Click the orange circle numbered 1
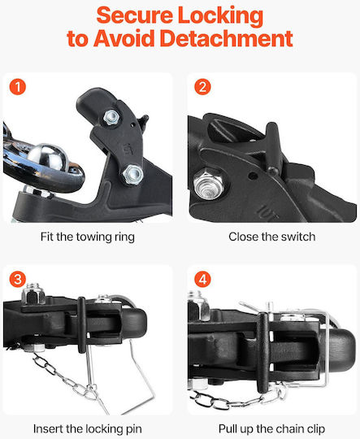pyautogui.click(x=18, y=87)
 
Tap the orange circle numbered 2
pyautogui.click(x=202, y=87)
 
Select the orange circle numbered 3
pyautogui.click(x=18, y=279)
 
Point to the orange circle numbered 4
pyautogui.click(x=202, y=279)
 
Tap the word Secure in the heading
pyautogui.click(x=134, y=15)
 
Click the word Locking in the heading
pyautogui.click(x=220, y=16)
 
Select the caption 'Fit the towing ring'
pyautogui.click(x=87, y=237)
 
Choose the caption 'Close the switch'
pyautogui.click(x=271, y=237)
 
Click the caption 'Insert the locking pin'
pyautogui.click(x=87, y=429)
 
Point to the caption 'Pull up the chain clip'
pyautogui.click(x=271, y=429)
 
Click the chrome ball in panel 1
pyautogui.click(x=49, y=156)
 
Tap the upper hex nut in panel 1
pyautogui.click(x=111, y=117)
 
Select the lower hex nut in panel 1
pyautogui.click(x=132, y=174)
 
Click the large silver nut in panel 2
pyautogui.click(x=209, y=184)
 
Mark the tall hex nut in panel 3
pyautogui.click(x=33, y=293)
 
